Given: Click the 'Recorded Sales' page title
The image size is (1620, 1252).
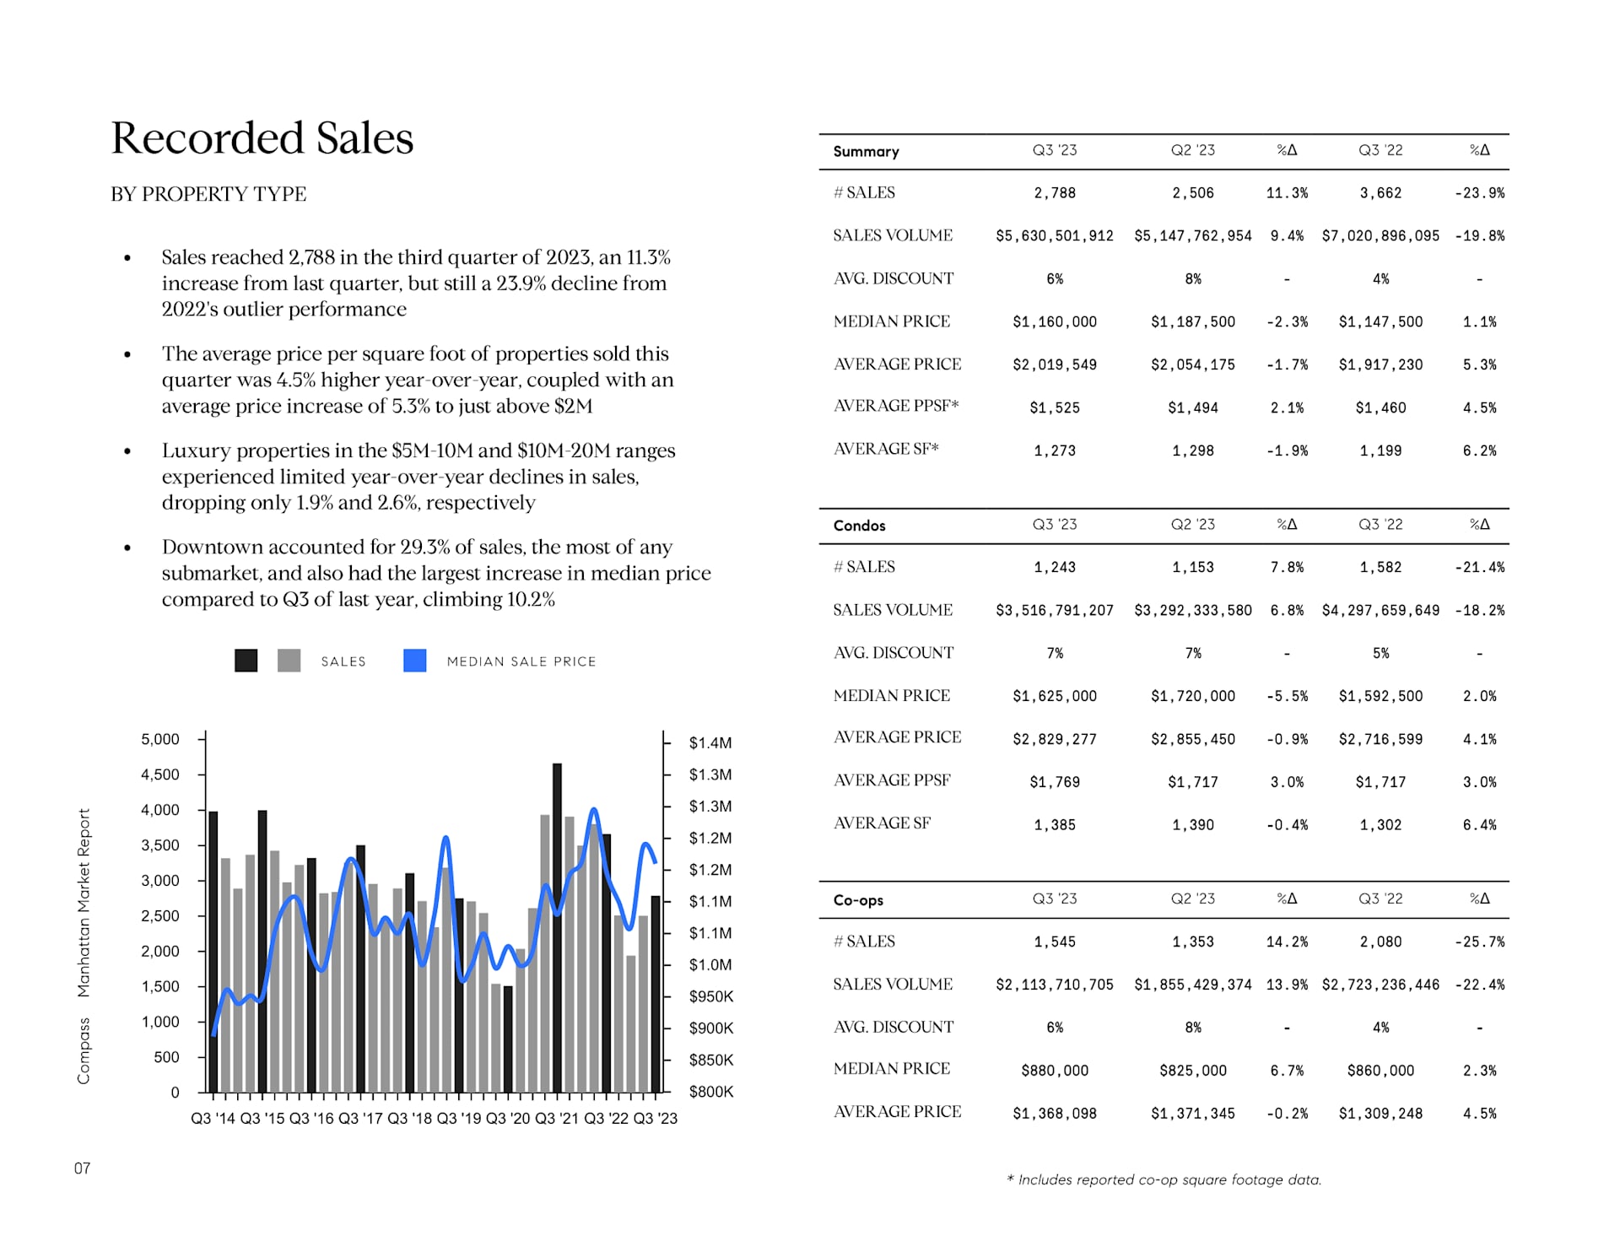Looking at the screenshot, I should [262, 138].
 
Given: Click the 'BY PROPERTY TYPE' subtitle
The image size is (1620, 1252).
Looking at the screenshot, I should [208, 194].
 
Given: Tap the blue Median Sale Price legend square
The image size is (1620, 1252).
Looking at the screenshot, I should [414, 661].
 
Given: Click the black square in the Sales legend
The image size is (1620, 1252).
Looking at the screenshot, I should [246, 661].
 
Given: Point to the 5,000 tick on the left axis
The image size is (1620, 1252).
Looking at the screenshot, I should [160, 739].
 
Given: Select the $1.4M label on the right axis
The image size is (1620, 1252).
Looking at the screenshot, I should [710, 742].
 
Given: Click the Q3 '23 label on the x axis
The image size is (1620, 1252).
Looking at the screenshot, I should [656, 1118].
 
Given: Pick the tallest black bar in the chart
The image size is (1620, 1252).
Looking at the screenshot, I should [557, 928].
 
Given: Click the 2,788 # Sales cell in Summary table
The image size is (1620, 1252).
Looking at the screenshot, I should [1055, 193].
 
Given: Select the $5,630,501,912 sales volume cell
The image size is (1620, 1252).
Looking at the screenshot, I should [1055, 236].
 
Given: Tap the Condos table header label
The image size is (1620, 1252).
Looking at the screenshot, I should [859, 526].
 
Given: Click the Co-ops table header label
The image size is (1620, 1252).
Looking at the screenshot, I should [858, 900].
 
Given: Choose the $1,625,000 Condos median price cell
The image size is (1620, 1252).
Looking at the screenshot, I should [1055, 696].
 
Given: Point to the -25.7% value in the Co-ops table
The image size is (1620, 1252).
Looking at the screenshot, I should [1479, 942].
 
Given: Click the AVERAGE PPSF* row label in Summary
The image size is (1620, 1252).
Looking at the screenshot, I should [896, 406].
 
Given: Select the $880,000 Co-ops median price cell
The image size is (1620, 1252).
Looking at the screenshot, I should [1055, 1071].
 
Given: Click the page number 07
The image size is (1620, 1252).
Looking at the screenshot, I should [82, 1168].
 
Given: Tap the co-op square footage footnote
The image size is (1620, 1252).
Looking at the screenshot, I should [1164, 1179].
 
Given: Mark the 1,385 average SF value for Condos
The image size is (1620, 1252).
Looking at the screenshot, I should [1055, 825].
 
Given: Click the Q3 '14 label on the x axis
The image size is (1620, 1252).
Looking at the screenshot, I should [213, 1118].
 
